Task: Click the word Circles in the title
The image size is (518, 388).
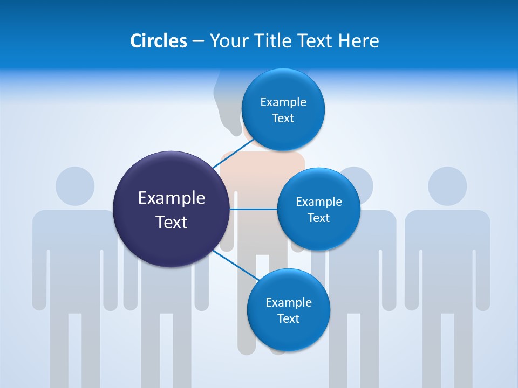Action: point(158,41)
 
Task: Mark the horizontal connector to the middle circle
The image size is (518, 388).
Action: point(253,209)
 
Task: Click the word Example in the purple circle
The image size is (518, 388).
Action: point(171,198)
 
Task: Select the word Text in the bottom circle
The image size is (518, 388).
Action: point(288,319)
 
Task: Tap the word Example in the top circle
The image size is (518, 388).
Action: point(283,102)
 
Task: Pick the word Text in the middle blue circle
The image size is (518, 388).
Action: point(319,218)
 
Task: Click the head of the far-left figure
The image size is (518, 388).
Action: point(75,186)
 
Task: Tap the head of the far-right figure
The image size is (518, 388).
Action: point(447,186)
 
